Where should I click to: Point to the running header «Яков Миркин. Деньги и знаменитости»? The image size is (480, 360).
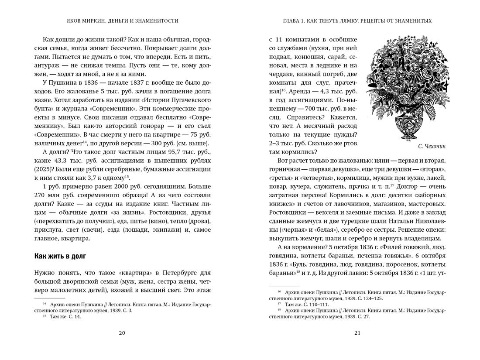point(122,21)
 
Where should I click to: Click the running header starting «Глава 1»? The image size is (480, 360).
point(357,21)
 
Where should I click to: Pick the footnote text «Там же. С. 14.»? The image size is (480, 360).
point(65,317)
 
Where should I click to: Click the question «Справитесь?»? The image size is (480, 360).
point(302,117)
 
